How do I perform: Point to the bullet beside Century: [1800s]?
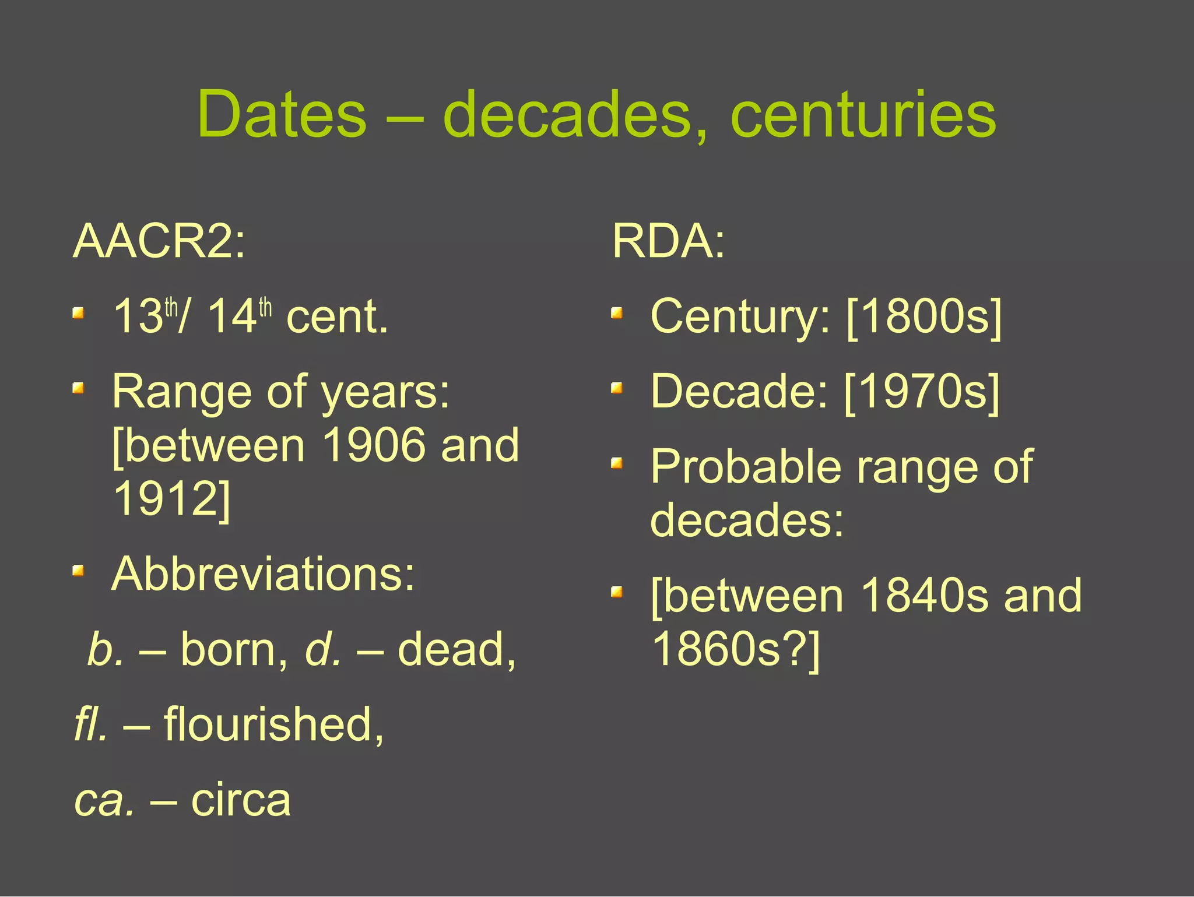[617, 314]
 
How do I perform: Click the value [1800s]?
[923, 316]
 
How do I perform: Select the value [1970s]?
[922, 392]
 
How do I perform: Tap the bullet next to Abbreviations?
[79, 570]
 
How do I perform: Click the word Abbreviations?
[264, 574]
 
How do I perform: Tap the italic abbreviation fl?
[91, 724]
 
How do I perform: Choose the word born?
[234, 649]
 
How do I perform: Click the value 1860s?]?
[736, 649]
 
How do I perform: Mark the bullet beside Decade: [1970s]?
[617, 388]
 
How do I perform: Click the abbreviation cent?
[337, 316]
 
